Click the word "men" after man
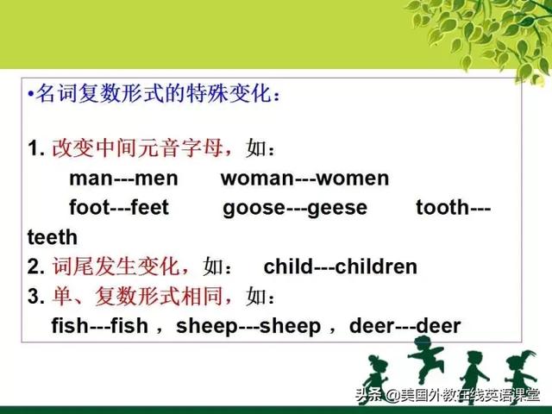pos(156,179)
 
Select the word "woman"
pos(257,179)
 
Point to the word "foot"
pos(90,207)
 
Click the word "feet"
pos(149,207)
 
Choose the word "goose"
pos(254,209)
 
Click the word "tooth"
pos(442,207)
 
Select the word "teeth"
pos(53,237)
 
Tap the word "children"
pos(376,267)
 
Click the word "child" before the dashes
pos(288,267)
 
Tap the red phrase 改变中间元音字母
pos(137,147)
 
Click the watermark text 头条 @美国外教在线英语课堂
pos(447,395)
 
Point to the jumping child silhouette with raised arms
pos(425,359)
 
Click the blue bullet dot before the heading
pos(31,94)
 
